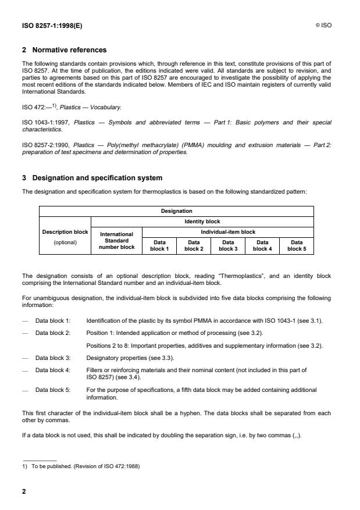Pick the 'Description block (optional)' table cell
tap(65, 237)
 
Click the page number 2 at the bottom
tap(24, 491)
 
